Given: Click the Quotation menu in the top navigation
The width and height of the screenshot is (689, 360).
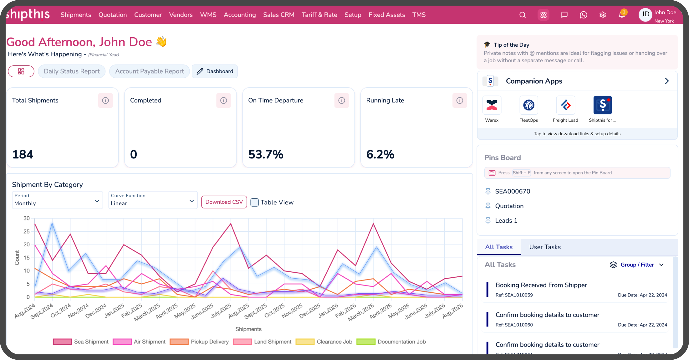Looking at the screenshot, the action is click(x=113, y=15).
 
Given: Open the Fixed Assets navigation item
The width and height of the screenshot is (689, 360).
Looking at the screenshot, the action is click(x=387, y=15).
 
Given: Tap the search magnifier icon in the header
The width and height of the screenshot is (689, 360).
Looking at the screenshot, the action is click(x=523, y=15).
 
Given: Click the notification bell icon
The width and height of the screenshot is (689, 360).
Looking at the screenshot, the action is click(x=622, y=15).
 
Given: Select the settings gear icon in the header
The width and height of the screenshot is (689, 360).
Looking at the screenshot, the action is click(x=603, y=15).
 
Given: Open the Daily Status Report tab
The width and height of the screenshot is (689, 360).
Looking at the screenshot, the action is click(x=72, y=71).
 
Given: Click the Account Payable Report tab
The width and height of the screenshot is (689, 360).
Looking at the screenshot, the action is click(x=150, y=71).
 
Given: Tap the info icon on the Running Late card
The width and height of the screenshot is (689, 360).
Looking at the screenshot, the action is click(x=460, y=100).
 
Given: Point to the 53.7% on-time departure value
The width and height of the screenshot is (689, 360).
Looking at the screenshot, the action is click(x=266, y=154).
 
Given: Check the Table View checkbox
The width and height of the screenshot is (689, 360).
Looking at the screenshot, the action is click(x=255, y=202).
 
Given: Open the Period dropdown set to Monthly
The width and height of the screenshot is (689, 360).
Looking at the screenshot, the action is click(x=57, y=200).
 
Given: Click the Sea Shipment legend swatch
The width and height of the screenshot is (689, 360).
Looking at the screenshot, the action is click(x=62, y=342).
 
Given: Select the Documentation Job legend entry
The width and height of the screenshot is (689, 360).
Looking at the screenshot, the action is click(x=391, y=342).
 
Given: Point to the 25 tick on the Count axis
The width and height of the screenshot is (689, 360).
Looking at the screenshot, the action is click(x=27, y=231).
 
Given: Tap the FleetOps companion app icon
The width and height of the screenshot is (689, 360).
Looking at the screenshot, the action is click(x=529, y=105).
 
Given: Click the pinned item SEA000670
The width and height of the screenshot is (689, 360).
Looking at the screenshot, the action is click(x=513, y=191).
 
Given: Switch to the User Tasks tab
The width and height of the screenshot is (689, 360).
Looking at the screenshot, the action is click(x=545, y=247).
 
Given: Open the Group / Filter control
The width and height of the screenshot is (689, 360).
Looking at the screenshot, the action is click(x=637, y=265).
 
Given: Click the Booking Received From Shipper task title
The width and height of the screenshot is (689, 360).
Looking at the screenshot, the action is click(x=541, y=285).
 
